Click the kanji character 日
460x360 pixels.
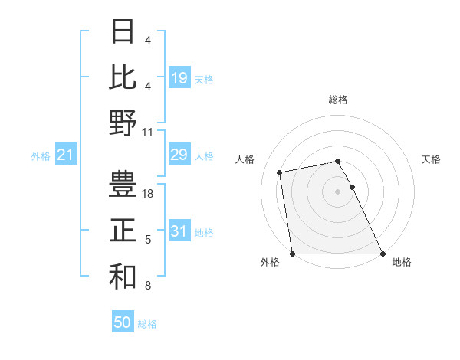123,31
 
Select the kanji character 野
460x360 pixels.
123,122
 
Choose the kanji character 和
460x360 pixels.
123,276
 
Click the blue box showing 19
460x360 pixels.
179,77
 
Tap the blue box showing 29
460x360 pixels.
179,155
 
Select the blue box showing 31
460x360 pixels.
179,231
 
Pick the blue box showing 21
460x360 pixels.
66,155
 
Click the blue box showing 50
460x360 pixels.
123,322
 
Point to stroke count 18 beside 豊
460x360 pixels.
149,194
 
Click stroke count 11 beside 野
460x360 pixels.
149,132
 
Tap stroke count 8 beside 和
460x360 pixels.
148,286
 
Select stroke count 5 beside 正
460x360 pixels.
148,240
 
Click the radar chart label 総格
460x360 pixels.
338,100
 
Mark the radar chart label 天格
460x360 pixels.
431,159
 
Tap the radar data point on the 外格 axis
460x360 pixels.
292,254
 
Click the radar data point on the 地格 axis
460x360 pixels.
383,254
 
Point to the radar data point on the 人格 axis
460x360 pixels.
281,172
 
